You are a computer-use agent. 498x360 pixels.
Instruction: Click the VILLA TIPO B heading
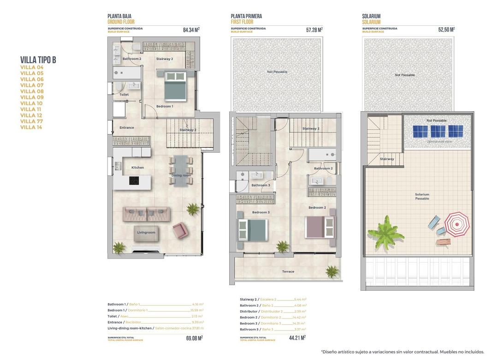38,60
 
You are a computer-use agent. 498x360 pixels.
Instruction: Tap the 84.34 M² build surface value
191,30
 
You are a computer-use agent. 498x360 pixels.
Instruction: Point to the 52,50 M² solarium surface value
446,30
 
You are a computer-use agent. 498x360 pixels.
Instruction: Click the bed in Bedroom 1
176,86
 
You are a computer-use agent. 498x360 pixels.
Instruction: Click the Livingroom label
146,233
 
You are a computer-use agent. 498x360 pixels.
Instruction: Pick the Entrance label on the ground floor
127,128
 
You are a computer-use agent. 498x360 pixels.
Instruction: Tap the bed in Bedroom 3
252,229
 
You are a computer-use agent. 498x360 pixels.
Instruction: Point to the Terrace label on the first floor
288,271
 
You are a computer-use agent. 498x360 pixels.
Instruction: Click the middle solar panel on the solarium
438,131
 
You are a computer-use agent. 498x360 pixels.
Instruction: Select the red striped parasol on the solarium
457,224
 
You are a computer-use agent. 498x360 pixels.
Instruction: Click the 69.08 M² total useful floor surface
195,338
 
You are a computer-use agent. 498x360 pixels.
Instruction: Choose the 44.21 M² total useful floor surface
297,338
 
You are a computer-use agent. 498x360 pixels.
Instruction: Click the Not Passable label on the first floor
277,72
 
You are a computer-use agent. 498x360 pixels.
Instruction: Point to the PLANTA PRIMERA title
246,16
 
